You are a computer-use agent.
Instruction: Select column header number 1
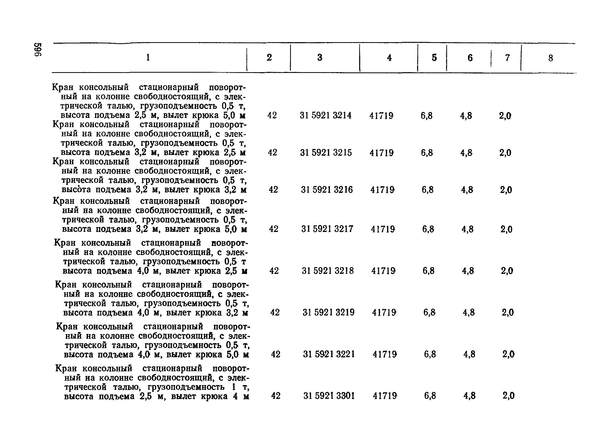tap(148, 57)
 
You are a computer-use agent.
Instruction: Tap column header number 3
tap(320, 57)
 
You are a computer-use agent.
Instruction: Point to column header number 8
tap(551, 58)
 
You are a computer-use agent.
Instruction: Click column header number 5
tap(434, 58)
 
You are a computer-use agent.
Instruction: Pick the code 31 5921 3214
tap(326, 116)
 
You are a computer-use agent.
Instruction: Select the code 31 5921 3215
tap(326, 153)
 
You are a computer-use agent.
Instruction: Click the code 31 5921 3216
tap(327, 190)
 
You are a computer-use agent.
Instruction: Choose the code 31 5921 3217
tap(327, 229)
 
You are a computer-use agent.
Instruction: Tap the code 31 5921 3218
tap(328, 271)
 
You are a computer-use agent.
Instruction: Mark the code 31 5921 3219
tap(328, 312)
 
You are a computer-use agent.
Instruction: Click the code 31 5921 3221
tap(329, 354)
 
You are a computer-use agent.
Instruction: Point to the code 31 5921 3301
tap(329, 396)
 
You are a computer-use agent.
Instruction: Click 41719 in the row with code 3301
tap(385, 396)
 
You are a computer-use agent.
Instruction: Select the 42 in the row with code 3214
tap(272, 115)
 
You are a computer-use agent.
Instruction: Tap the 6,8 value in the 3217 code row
tap(428, 229)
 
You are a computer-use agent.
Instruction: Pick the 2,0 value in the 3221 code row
tap(508, 354)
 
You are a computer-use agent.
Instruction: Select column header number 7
tap(507, 58)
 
